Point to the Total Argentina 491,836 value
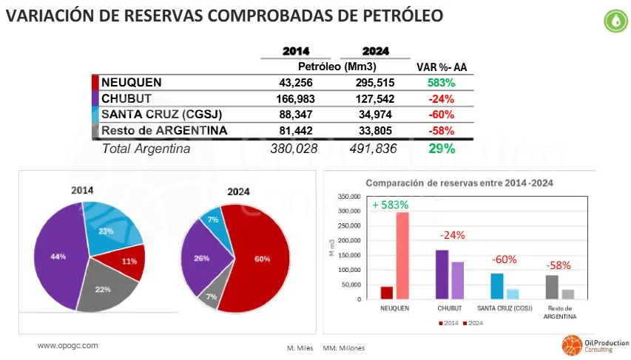click(x=373, y=149)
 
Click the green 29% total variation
click(x=441, y=149)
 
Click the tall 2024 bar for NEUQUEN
click(x=402, y=255)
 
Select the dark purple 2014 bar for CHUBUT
click(x=442, y=274)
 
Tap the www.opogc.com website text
click(x=67, y=345)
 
